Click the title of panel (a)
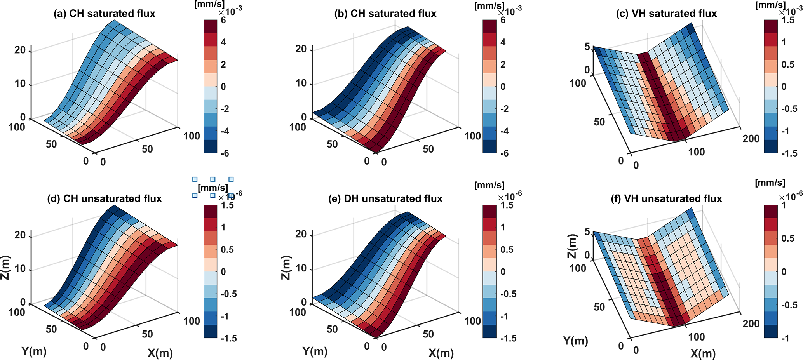coord(104,14)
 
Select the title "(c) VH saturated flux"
coord(666,14)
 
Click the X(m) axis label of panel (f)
coord(703,353)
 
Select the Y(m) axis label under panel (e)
coord(315,351)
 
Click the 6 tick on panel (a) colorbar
coord(223,20)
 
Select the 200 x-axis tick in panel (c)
coord(751,139)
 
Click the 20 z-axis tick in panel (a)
coord(20,50)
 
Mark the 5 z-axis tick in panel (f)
coord(587,232)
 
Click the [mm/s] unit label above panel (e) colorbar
coord(489,185)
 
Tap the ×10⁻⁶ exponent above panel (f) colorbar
coord(790,197)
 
